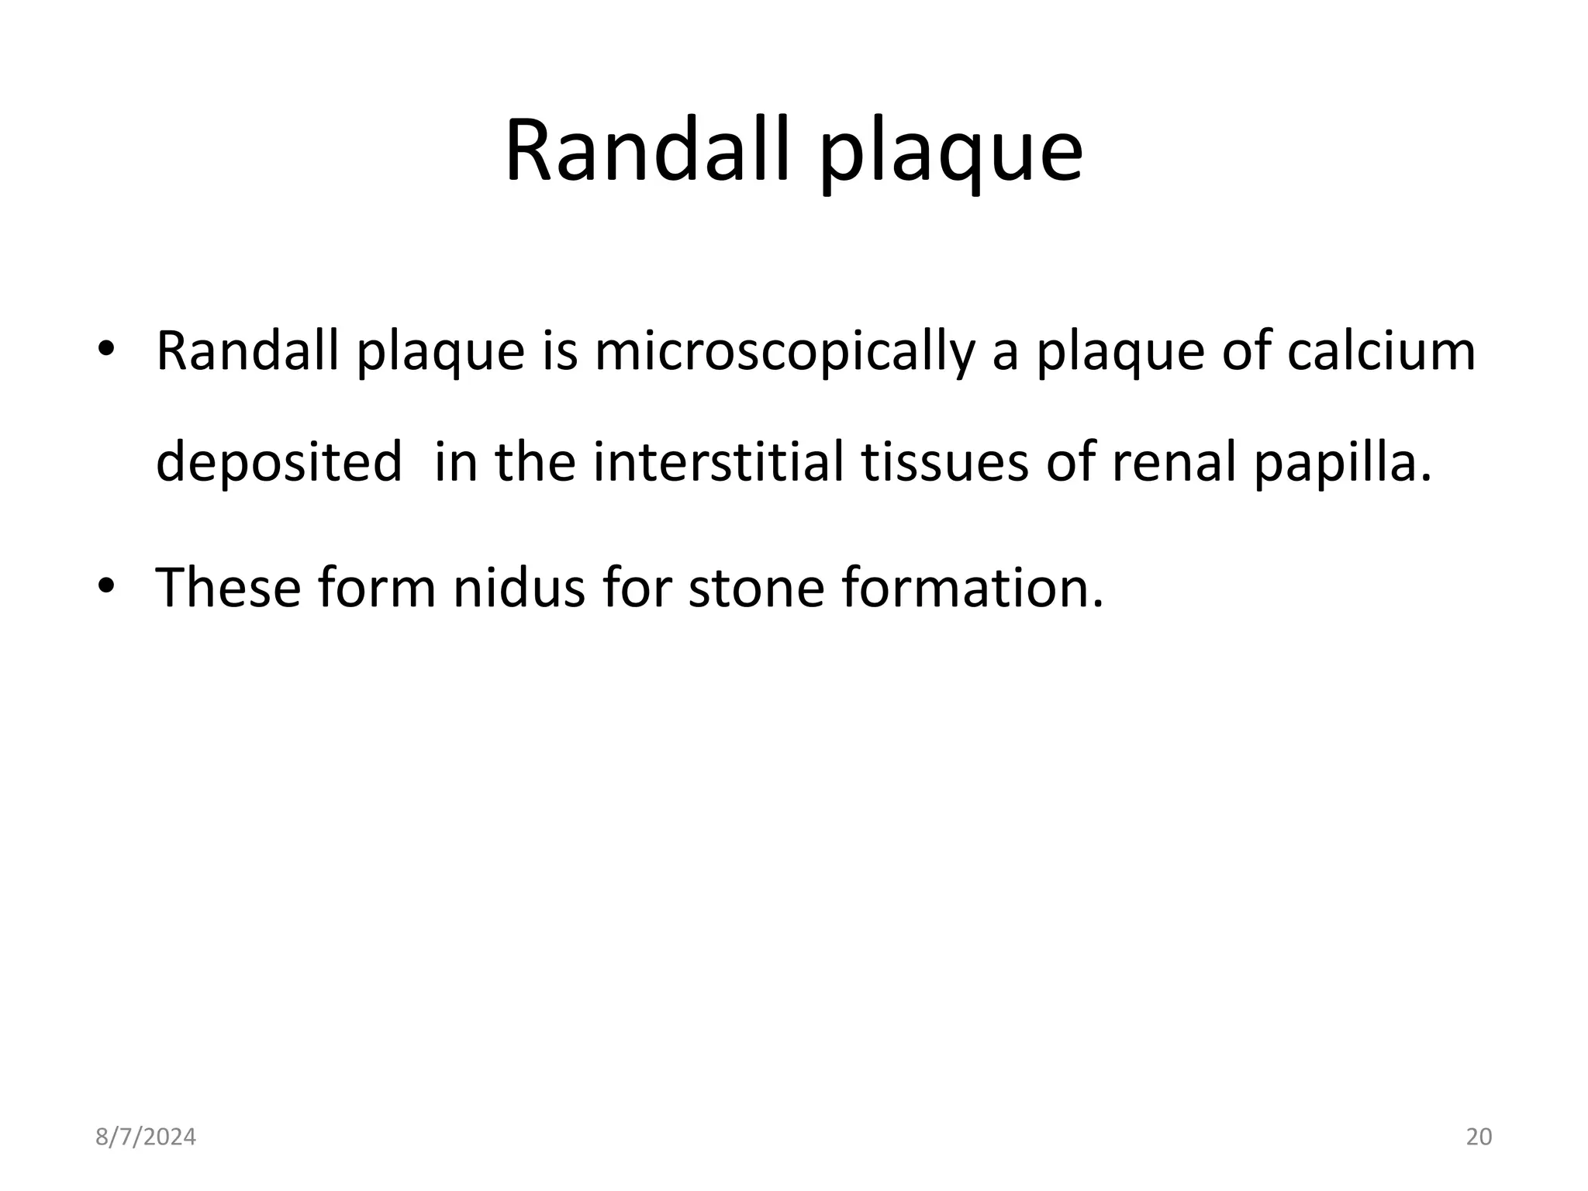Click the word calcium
tap(1381, 350)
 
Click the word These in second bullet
tap(228, 587)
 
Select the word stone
tap(756, 587)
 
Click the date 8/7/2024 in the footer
tap(146, 1137)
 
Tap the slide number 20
tap(1479, 1137)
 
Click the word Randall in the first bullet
tap(247, 350)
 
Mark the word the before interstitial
tap(536, 462)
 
